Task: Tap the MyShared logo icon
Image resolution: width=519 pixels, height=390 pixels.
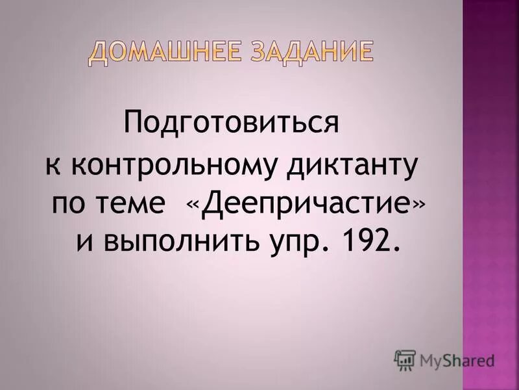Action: (x=405, y=359)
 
